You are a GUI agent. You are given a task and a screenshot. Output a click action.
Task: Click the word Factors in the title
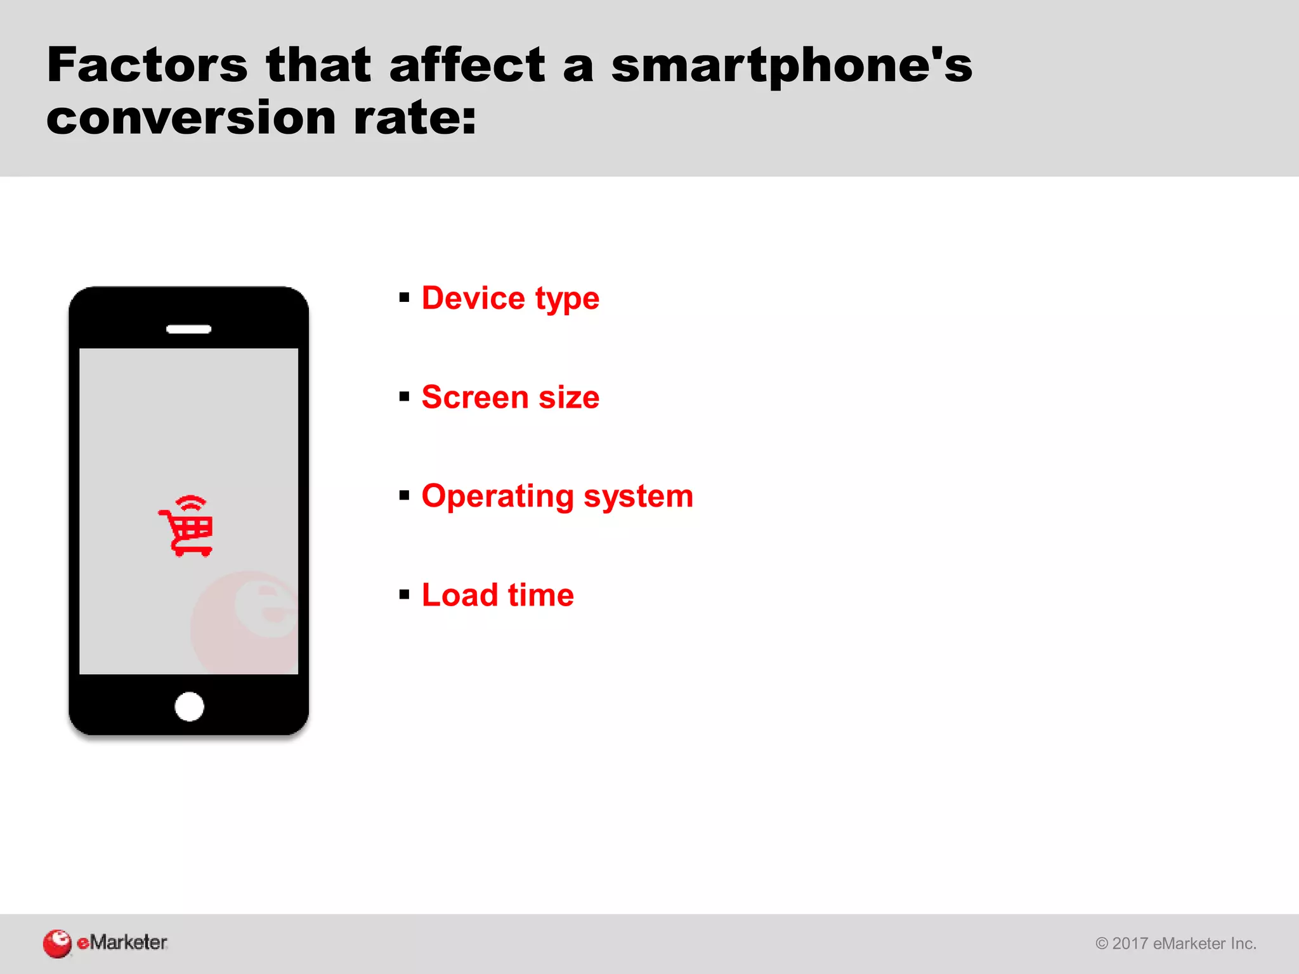coord(147,65)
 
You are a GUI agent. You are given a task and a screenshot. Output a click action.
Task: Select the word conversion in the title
coord(191,119)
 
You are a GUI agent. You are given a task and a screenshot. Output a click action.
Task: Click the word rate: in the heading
coord(415,119)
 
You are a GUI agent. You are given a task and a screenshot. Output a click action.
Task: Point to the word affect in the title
coord(467,65)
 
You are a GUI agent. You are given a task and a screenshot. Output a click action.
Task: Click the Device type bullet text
coord(510,298)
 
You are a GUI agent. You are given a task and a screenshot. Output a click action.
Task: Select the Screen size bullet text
coord(510,398)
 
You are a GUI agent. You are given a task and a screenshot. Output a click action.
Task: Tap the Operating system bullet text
coord(557,497)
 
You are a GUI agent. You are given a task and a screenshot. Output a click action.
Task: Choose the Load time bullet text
coord(497,595)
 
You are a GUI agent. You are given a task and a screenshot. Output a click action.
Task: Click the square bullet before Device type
coord(405,297)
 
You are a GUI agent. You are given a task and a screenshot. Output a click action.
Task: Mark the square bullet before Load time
coord(405,595)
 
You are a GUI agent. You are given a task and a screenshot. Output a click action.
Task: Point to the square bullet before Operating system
coord(405,495)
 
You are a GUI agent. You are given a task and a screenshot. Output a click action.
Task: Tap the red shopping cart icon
coord(186,526)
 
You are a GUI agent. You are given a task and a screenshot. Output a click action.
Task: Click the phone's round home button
coord(189,706)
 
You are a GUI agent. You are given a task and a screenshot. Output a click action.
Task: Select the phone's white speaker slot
coord(188,329)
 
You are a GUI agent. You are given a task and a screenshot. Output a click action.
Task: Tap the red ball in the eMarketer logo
coord(57,944)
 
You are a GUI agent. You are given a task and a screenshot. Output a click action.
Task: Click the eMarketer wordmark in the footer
coord(122,942)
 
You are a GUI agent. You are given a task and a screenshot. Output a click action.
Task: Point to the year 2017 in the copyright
coord(1130,944)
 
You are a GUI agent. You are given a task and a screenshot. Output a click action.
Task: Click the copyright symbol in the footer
coord(1102,944)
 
